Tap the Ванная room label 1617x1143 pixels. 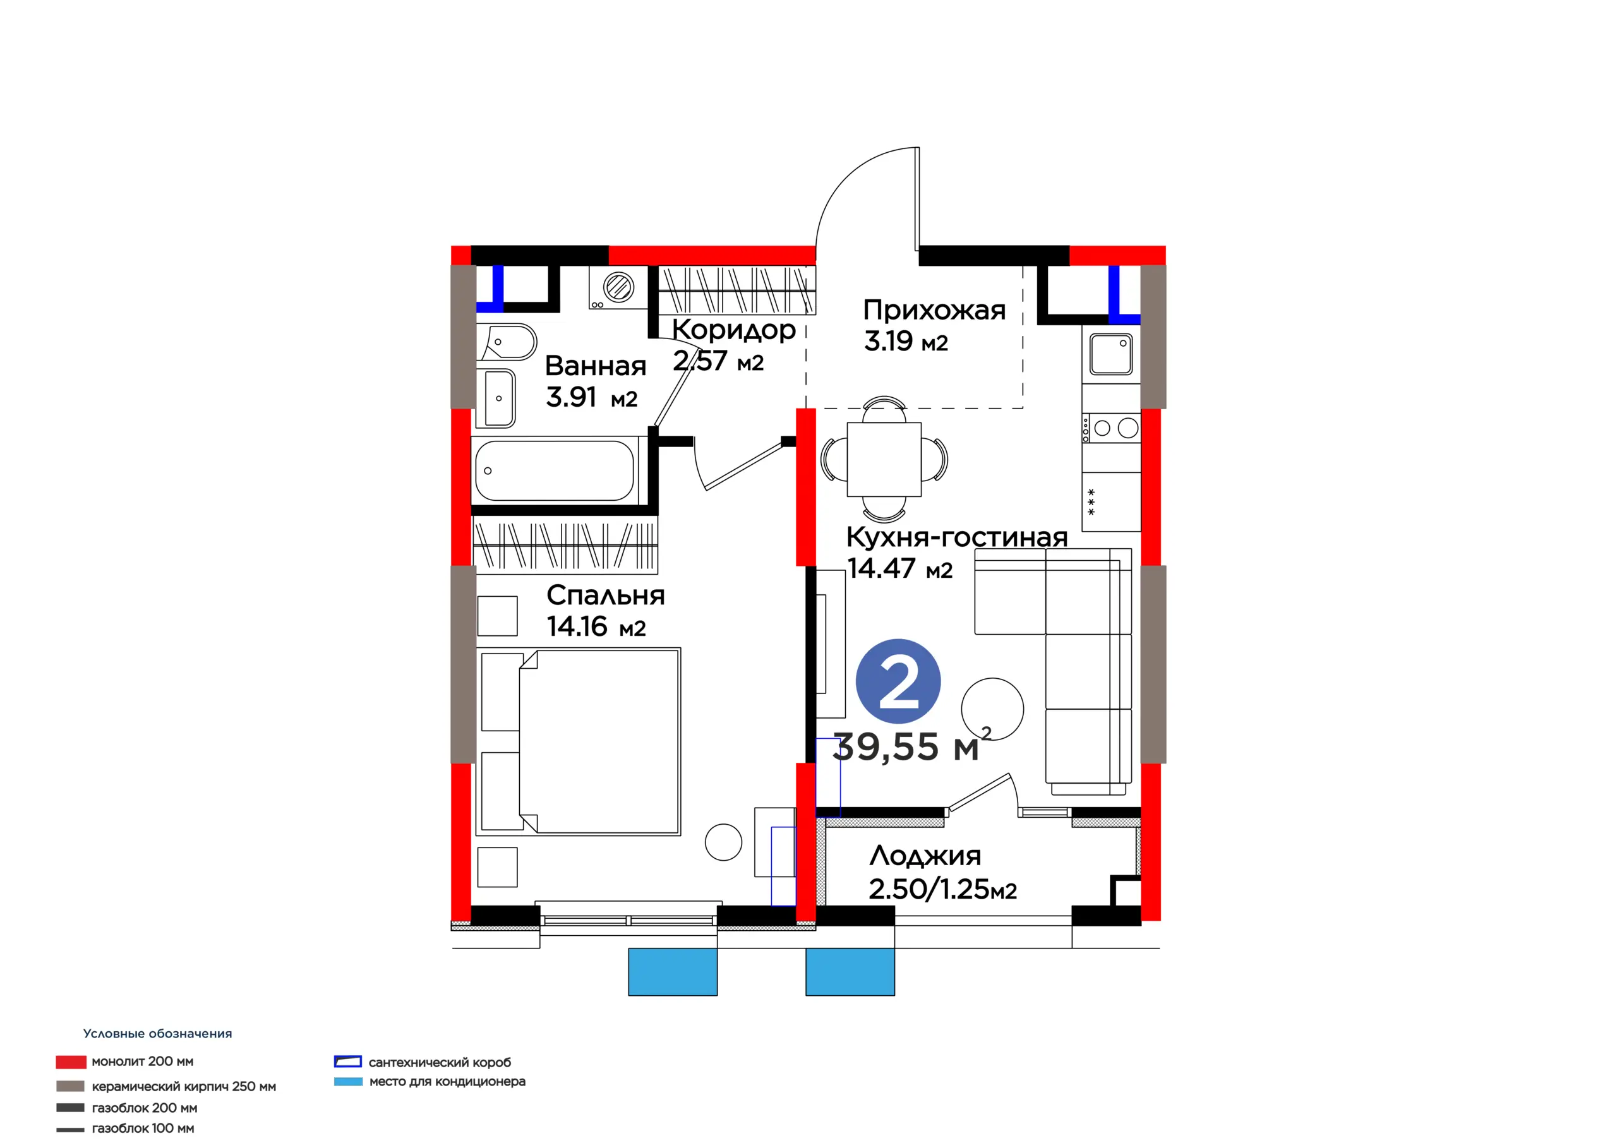595,366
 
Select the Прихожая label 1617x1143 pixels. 935,310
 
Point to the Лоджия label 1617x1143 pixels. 925,856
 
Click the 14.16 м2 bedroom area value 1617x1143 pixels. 596,626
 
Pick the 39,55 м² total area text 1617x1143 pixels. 912,746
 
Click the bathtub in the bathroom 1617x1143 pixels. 555,470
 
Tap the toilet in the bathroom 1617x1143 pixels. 507,342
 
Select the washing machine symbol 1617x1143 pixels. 618,287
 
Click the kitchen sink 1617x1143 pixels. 1110,354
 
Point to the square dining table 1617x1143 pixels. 884,459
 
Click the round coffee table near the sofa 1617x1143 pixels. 992,709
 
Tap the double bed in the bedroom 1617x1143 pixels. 579,741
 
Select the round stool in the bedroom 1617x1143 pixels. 723,842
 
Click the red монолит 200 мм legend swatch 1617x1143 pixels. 71,1062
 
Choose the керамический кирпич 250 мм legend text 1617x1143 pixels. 184,1087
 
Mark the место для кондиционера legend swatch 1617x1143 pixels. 348,1081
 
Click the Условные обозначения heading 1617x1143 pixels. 158,1034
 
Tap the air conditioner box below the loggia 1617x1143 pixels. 850,972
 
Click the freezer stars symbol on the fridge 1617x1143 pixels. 1091,502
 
